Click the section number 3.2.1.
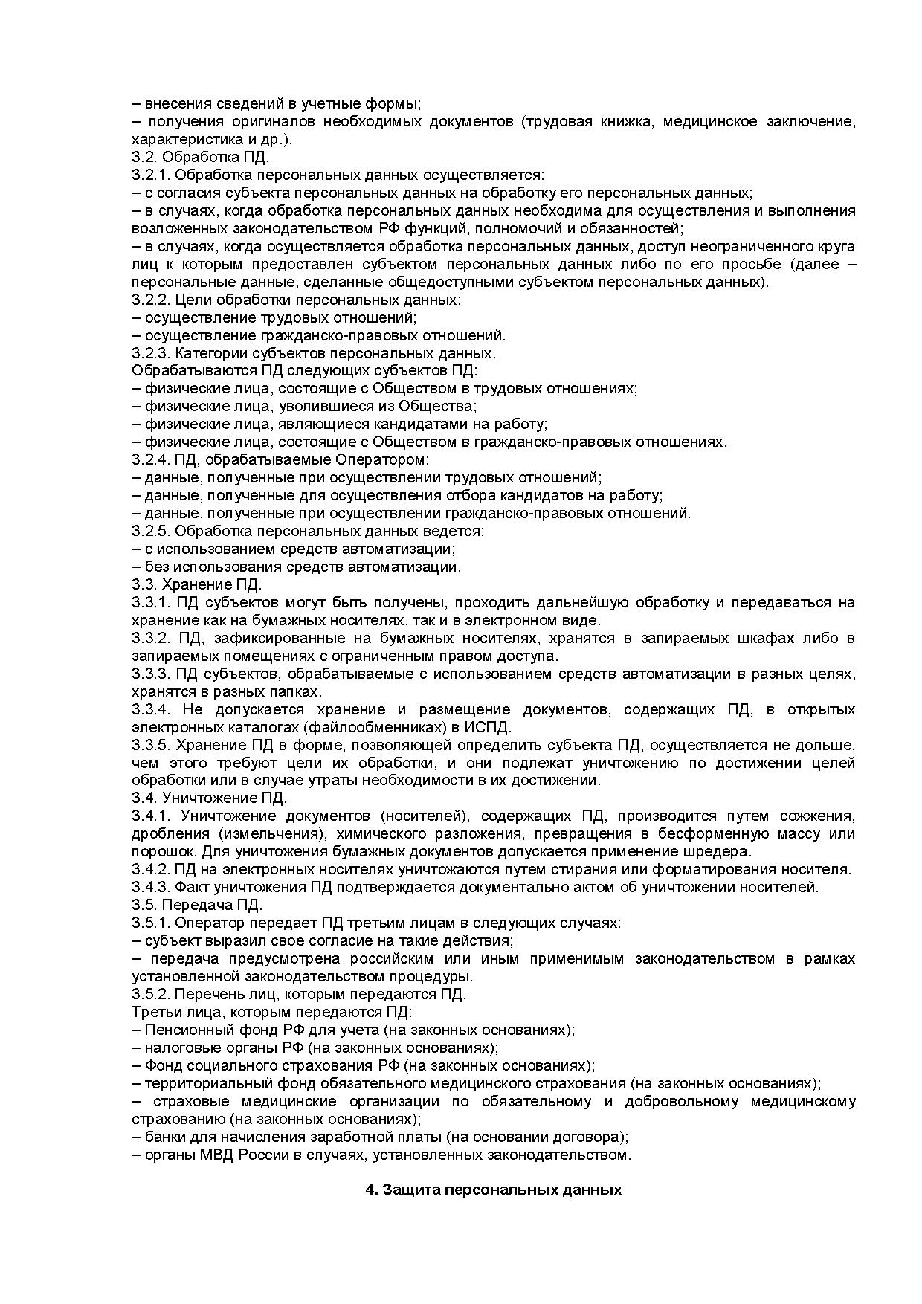click(151, 175)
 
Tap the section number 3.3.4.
click(151, 709)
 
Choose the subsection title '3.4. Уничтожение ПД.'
click(209, 798)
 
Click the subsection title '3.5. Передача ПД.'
click(197, 905)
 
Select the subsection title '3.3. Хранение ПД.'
click(197, 584)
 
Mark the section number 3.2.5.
click(151, 531)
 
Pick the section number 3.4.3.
click(151, 887)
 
